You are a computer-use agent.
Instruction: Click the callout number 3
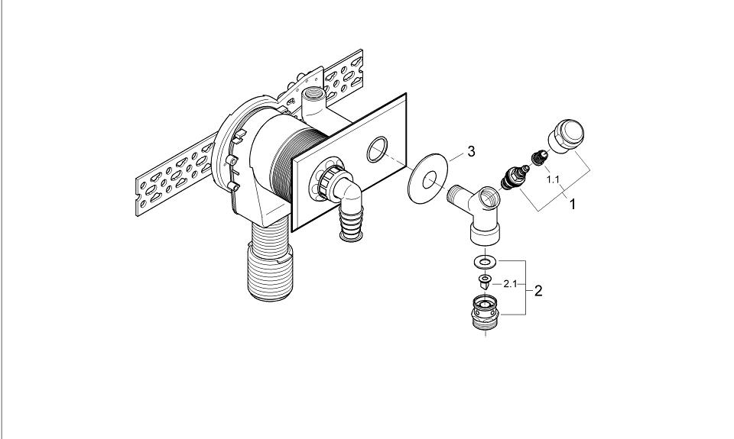[x=471, y=151]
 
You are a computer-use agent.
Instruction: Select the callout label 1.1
[x=554, y=179]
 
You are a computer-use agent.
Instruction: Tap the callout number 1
[x=572, y=205]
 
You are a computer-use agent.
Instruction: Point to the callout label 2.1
[x=510, y=283]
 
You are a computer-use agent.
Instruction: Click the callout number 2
[x=538, y=291]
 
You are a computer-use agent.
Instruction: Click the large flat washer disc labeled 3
[x=428, y=179]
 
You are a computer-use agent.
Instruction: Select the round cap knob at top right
[x=566, y=136]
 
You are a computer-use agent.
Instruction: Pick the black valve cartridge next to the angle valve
[x=515, y=176]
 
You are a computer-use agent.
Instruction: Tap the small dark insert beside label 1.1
[x=540, y=157]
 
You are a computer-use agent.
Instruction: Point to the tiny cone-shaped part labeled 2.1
[x=486, y=282]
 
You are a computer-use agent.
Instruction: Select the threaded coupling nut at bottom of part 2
[x=486, y=312]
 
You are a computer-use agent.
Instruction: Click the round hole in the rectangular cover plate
[x=377, y=149]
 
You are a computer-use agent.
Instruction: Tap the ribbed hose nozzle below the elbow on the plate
[x=352, y=225]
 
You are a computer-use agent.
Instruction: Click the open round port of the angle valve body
[x=489, y=196]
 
